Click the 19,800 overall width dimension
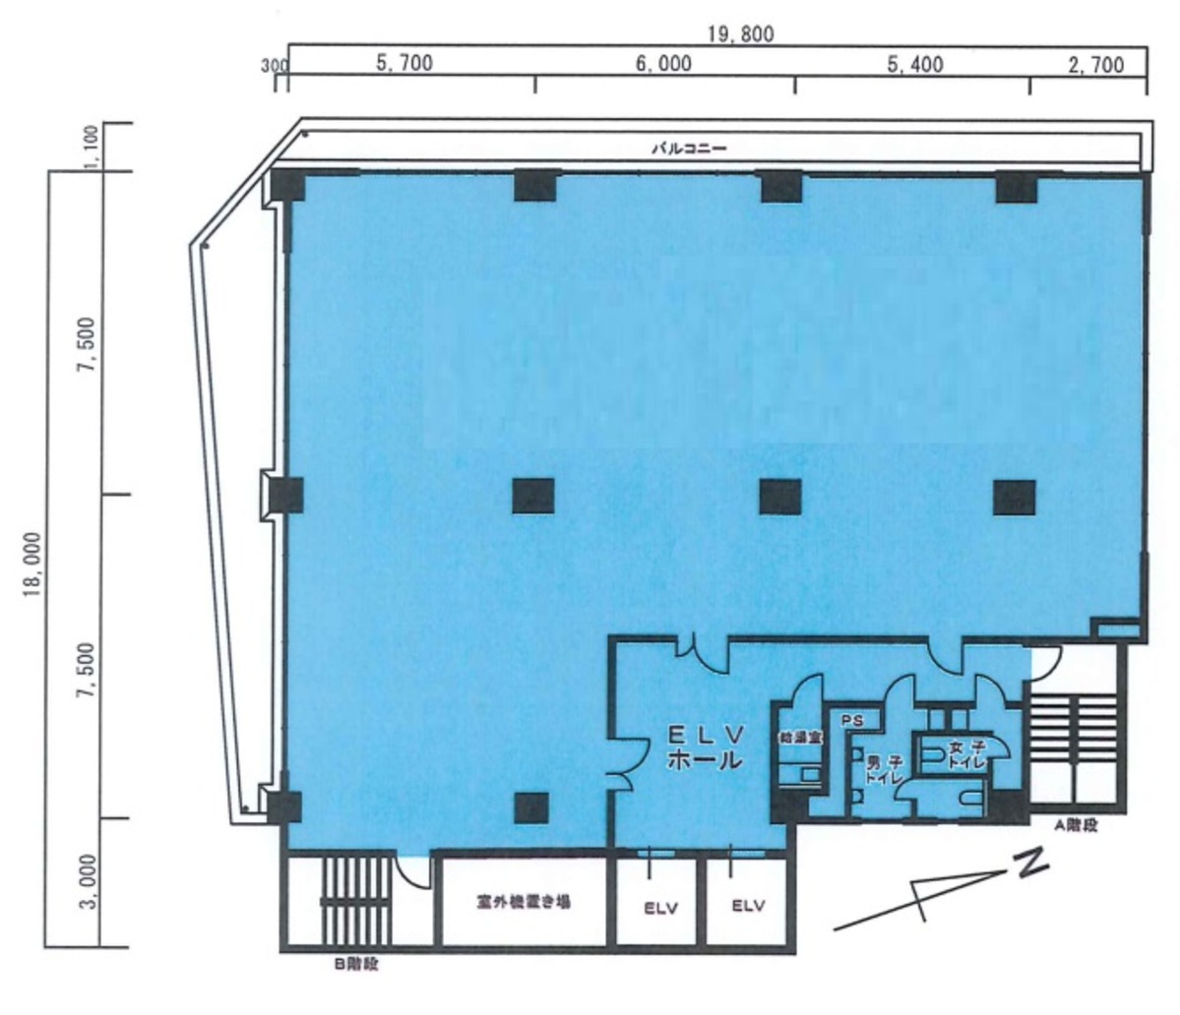point(739,34)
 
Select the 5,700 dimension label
point(404,66)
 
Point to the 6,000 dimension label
point(662,66)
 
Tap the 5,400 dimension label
point(915,66)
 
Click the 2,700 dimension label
point(1095,66)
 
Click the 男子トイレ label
point(879,769)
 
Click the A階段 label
point(1075,828)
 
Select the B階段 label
point(356,965)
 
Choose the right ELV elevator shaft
point(749,907)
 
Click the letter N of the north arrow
point(1030,866)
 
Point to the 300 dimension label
point(275,66)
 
